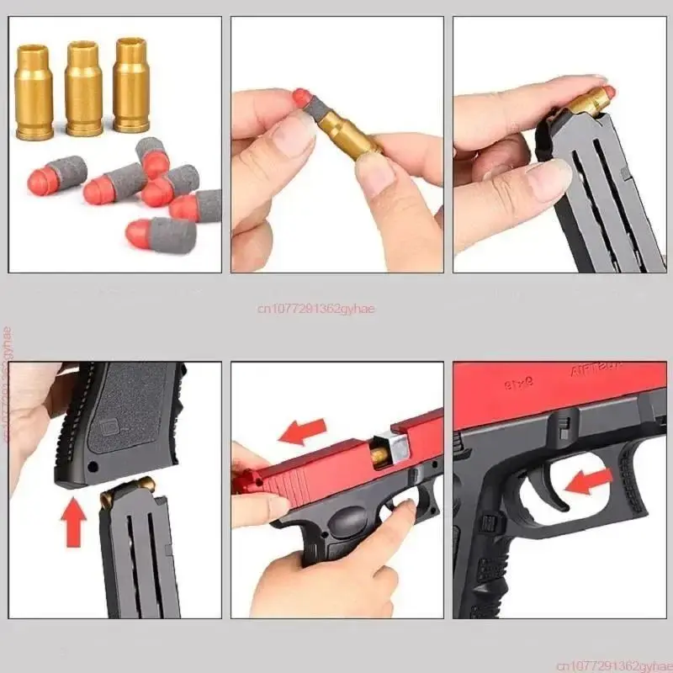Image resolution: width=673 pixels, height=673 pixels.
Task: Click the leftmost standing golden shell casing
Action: point(34,88)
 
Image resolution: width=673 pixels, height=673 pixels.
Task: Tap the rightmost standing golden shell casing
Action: point(131,84)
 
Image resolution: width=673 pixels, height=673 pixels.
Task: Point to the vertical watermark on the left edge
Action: point(7,383)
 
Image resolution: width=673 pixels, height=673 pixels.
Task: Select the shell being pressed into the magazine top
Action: point(589,100)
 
